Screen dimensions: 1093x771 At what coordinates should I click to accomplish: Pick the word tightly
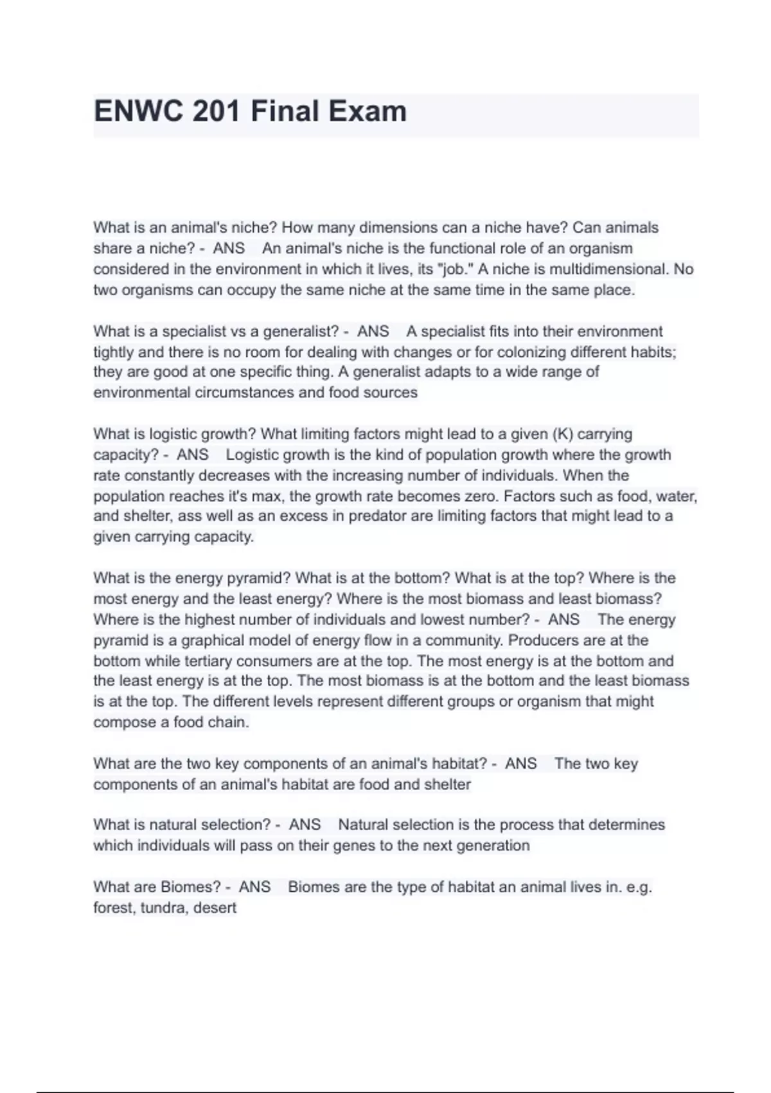(x=113, y=352)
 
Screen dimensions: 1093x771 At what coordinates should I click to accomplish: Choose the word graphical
(x=213, y=640)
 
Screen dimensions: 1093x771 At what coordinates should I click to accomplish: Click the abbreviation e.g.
(x=639, y=887)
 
